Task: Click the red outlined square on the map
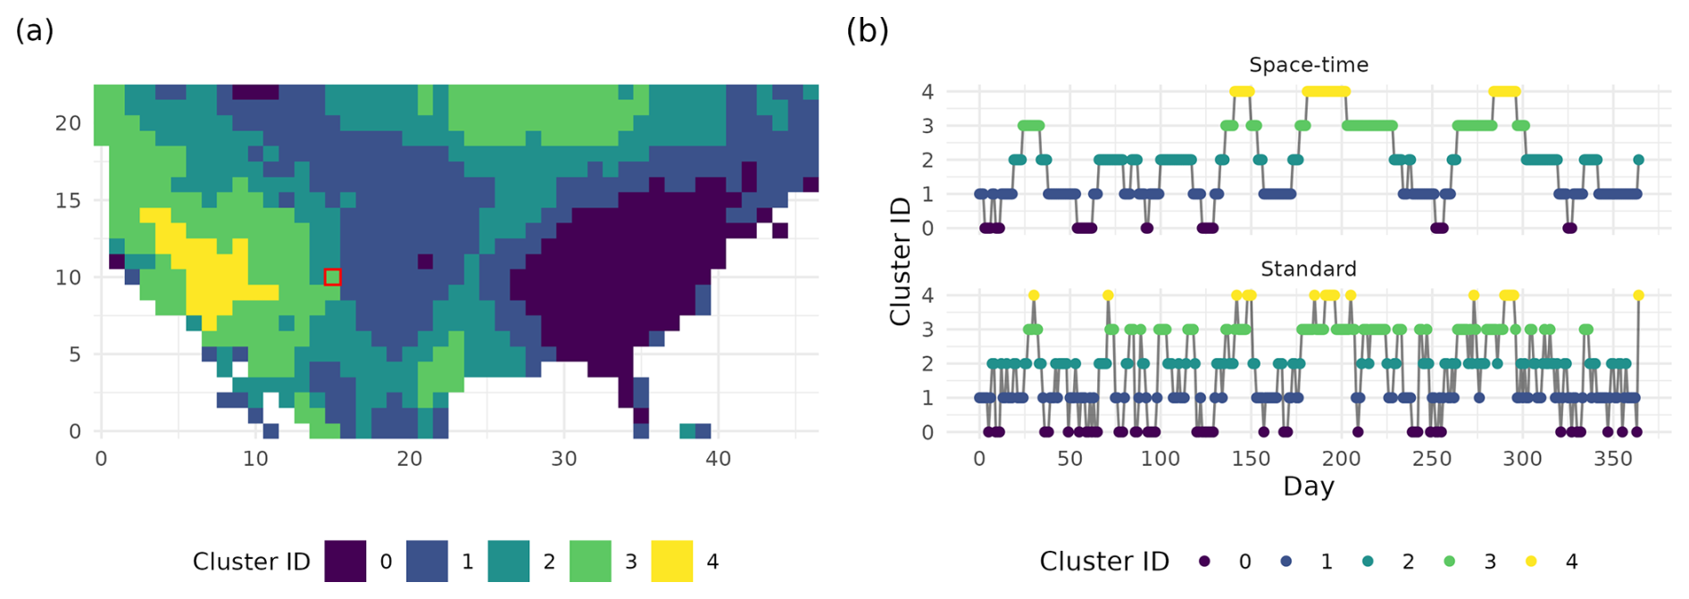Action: coord(332,277)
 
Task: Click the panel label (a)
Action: coord(35,30)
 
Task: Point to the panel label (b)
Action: coord(867,30)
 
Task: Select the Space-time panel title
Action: coord(1308,65)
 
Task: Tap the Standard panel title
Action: coord(1308,269)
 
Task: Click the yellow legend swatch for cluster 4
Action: coord(671,562)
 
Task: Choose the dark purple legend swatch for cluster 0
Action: coord(345,562)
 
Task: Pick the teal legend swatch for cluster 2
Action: coord(508,562)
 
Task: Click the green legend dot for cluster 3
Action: coord(1449,562)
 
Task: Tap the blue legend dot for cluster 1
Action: coord(1286,562)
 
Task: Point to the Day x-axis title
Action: coord(1308,487)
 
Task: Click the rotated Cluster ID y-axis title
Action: coord(900,261)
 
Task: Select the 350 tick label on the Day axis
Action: coord(1612,459)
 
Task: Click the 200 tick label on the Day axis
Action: coord(1341,459)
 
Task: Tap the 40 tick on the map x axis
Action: coord(718,459)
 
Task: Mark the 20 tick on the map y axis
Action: coord(68,123)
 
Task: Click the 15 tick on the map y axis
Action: coord(68,200)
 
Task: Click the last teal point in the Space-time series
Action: coord(1638,161)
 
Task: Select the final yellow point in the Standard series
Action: coord(1638,295)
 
